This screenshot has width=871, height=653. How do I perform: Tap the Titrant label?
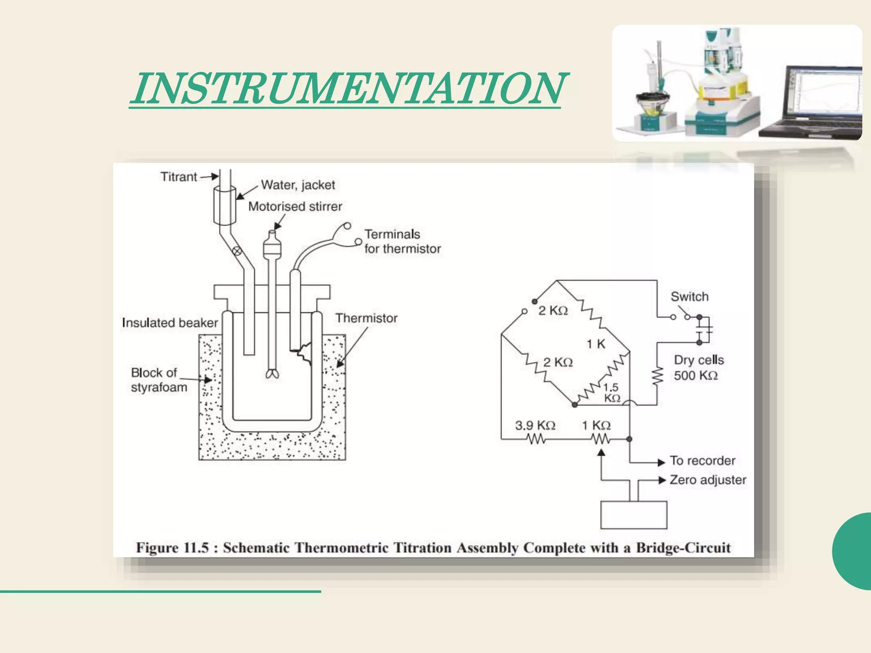[179, 176]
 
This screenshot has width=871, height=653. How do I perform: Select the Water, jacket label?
[298, 185]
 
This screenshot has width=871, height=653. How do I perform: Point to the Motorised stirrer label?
[295, 207]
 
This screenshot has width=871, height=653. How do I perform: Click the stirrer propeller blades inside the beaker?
[272, 374]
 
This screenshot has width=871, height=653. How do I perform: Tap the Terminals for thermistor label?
[402, 241]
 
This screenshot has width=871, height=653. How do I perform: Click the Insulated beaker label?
[170, 323]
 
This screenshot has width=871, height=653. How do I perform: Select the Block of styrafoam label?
[159, 380]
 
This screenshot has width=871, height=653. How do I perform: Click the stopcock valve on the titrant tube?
[237, 251]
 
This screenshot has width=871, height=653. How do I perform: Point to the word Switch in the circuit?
[689, 296]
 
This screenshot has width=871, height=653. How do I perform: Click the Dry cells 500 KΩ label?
[698, 368]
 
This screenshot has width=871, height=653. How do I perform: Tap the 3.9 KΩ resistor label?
[535, 425]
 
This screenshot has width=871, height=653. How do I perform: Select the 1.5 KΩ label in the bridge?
[612, 392]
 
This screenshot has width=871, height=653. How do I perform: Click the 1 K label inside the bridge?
[596, 344]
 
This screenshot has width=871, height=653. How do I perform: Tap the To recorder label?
[702, 460]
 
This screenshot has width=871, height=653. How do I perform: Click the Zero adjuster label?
[708, 480]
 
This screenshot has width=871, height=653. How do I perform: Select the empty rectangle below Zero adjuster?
[633, 515]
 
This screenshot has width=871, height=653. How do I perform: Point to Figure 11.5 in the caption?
[172, 548]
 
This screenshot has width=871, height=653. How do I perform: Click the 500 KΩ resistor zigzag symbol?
[657, 376]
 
